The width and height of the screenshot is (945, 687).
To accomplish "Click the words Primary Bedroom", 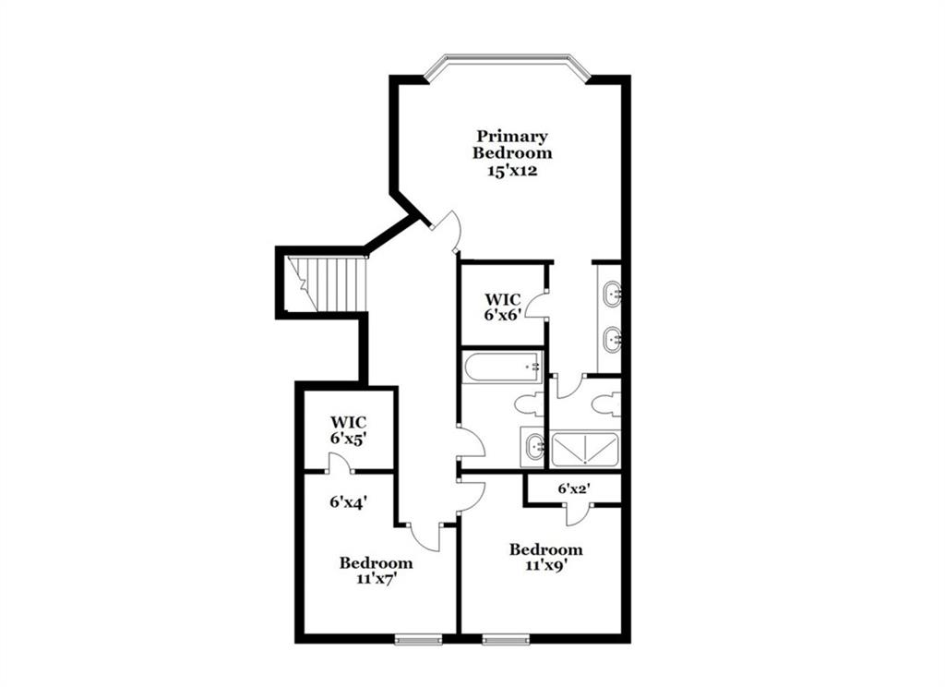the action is pyautogui.click(x=511, y=144).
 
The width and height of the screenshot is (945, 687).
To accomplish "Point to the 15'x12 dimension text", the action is pyautogui.click(x=512, y=171).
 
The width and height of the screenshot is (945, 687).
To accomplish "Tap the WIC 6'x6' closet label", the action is pyautogui.click(x=503, y=307).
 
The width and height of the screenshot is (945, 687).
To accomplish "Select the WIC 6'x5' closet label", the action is pyautogui.click(x=348, y=430).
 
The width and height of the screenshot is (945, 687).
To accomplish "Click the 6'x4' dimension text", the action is pyautogui.click(x=348, y=501).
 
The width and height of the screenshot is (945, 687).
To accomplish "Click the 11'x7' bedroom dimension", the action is pyautogui.click(x=377, y=578).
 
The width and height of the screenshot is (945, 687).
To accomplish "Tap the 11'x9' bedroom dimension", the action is pyautogui.click(x=546, y=565).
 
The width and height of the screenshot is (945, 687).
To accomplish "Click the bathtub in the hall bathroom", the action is pyautogui.click(x=503, y=367).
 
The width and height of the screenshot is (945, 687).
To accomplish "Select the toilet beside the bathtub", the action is pyautogui.click(x=530, y=404).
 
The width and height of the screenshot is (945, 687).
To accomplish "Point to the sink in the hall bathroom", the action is pyautogui.click(x=533, y=447).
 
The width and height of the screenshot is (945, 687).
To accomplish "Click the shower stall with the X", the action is pyautogui.click(x=584, y=450).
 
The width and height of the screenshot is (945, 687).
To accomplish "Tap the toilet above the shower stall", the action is pyautogui.click(x=605, y=404).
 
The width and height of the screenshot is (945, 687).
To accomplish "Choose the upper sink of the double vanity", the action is pyautogui.click(x=613, y=294).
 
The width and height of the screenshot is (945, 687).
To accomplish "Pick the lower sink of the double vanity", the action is pyautogui.click(x=613, y=340).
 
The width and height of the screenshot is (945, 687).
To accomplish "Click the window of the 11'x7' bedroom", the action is pyautogui.click(x=418, y=639).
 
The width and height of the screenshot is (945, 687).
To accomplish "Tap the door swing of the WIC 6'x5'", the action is pyautogui.click(x=341, y=464).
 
